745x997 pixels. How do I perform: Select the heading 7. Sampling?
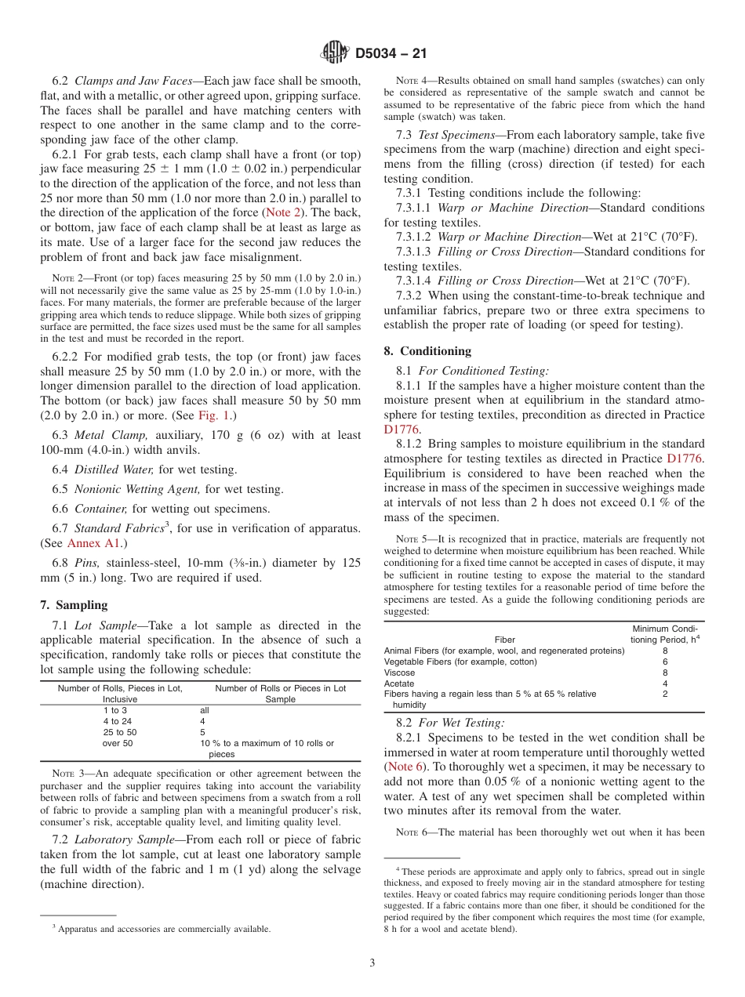click(74, 605)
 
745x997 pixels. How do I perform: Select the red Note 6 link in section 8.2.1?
click(409, 767)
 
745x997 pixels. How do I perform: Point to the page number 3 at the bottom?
click(372, 963)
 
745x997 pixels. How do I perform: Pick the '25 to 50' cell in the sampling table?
click(119, 732)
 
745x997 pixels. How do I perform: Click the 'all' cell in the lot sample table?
click(205, 710)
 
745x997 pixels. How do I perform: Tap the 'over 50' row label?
click(118, 743)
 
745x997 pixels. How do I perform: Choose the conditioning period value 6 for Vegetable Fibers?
click(665, 662)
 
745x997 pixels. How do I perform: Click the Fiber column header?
click(504, 640)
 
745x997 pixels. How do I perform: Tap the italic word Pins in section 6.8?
click(87, 562)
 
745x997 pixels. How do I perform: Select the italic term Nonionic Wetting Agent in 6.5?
click(138, 489)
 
